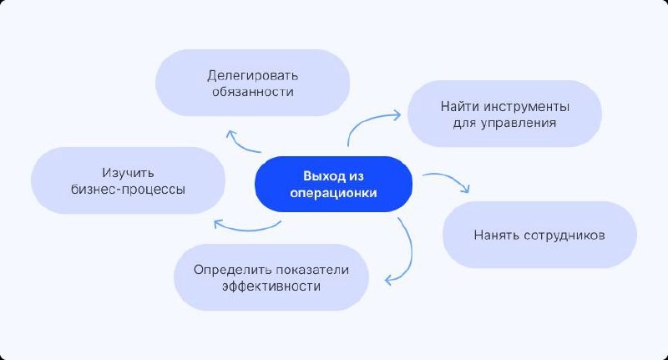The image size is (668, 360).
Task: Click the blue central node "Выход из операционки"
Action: pos(334,184)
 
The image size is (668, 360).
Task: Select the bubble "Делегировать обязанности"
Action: pos(252,82)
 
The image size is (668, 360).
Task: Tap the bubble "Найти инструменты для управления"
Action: pos(505,115)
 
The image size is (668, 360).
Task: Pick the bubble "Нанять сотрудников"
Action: pos(539,234)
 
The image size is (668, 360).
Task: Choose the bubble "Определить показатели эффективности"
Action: pos(271,277)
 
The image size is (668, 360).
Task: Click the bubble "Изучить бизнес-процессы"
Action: pos(128,180)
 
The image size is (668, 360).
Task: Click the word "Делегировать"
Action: pos(252,74)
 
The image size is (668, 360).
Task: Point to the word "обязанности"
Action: pos(252,91)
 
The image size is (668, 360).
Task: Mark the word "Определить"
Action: pos(225,269)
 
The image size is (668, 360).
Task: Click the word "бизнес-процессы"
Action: pos(128,189)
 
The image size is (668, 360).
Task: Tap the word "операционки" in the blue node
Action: pos(334,193)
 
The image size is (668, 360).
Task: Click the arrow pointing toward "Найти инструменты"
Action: pos(367,125)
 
